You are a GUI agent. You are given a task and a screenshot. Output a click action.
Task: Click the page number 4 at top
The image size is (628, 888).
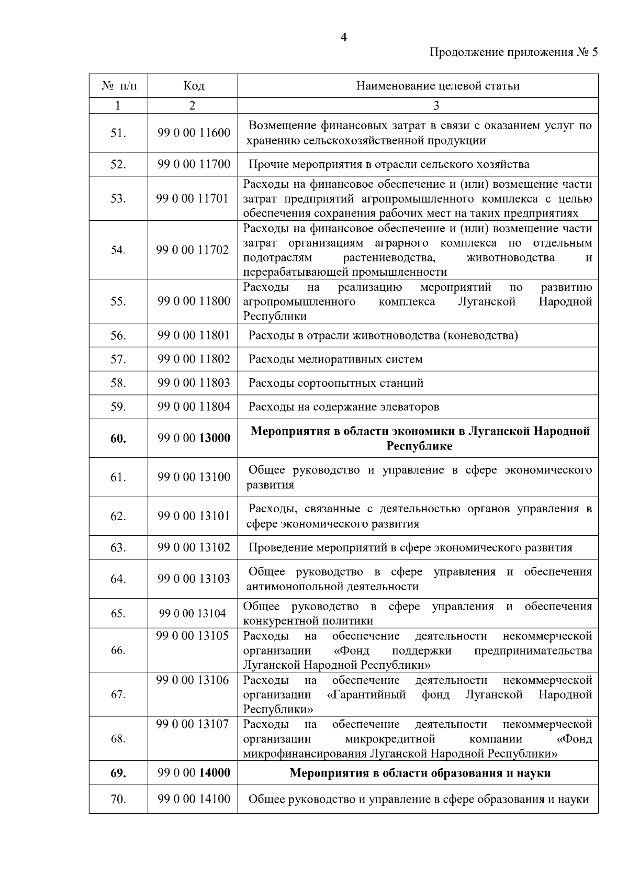point(343,37)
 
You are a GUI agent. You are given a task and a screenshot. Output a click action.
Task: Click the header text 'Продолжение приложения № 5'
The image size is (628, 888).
point(513,52)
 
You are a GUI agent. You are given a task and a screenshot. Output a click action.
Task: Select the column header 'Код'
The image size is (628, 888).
point(193,85)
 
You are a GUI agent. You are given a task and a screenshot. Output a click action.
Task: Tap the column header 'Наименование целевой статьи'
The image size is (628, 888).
point(438,85)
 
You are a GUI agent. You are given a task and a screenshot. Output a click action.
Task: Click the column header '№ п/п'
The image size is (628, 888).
point(119,85)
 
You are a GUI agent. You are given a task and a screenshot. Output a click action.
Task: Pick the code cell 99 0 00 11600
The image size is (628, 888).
point(194,133)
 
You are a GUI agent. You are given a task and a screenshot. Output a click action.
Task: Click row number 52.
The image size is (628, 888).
point(118,164)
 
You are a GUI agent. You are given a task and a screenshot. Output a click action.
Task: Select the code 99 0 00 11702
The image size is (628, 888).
point(193,250)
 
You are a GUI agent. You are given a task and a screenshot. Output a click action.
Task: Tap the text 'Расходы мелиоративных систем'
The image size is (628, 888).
point(335,359)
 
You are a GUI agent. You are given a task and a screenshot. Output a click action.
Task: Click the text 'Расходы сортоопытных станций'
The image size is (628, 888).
point(335,383)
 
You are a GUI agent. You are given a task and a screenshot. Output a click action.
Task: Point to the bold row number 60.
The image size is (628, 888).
point(118,439)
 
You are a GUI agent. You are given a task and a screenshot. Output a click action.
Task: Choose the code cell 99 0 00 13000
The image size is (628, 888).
point(194,439)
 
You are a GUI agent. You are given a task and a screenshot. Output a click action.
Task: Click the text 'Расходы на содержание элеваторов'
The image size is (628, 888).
point(343,407)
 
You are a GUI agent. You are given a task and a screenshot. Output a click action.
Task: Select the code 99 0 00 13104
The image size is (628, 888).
point(193,613)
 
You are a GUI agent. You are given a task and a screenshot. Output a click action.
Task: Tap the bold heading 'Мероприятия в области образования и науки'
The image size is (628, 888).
point(420,773)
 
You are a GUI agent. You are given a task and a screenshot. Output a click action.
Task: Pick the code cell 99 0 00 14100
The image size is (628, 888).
point(194,800)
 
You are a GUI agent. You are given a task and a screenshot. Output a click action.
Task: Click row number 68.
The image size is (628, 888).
point(118,739)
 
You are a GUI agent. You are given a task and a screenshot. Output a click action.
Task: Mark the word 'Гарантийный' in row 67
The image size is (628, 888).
point(366,695)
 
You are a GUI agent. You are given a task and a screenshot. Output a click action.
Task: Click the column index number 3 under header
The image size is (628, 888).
point(436,106)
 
